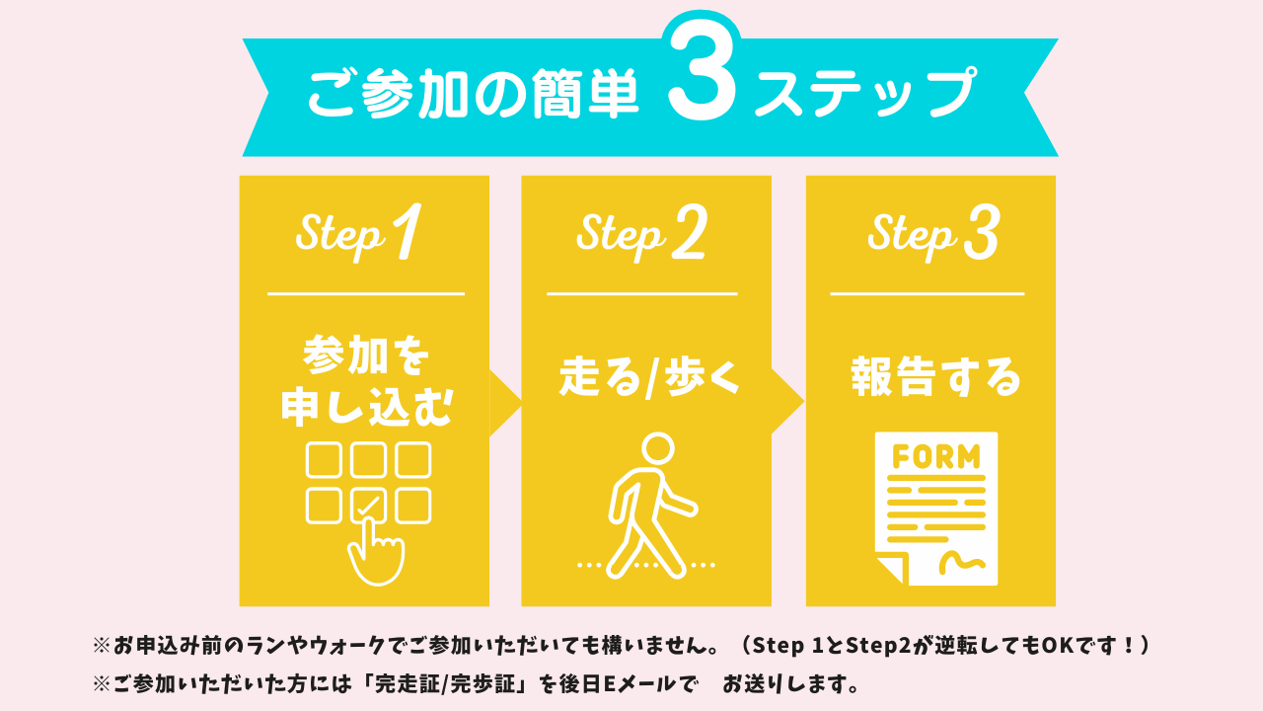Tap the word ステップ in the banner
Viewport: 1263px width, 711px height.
[863, 95]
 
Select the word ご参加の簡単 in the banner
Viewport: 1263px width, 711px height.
[473, 95]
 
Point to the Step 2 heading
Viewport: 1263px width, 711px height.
[641, 235]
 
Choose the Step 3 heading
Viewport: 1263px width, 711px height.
[933, 235]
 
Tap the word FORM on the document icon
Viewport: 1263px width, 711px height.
[935, 457]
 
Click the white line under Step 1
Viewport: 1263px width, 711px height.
[365, 293]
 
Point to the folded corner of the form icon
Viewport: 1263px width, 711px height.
[889, 570]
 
